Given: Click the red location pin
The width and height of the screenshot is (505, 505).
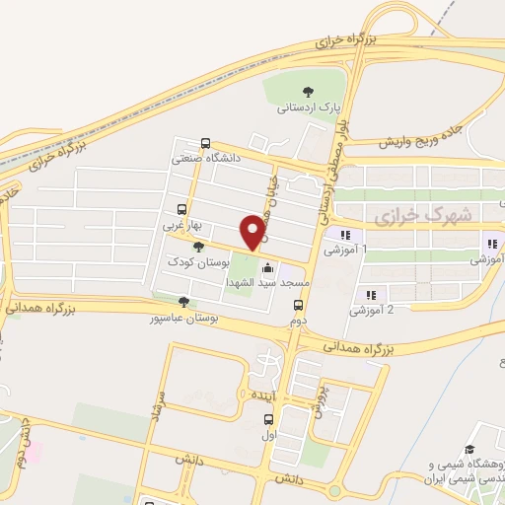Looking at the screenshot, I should click(x=254, y=231).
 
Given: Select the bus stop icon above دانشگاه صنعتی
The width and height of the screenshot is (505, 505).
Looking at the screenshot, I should click(x=205, y=143).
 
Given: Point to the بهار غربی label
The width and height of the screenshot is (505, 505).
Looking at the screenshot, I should click(x=182, y=224).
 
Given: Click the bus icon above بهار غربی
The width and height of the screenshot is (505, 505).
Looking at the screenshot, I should click(x=181, y=209).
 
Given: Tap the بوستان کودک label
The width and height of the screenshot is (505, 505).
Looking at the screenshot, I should click(x=198, y=262).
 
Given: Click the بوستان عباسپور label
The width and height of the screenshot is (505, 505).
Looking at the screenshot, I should click(x=183, y=320).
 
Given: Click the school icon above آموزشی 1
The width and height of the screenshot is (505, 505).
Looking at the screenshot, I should click(x=345, y=235).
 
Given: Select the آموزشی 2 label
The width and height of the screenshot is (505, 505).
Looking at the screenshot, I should click(x=373, y=310).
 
